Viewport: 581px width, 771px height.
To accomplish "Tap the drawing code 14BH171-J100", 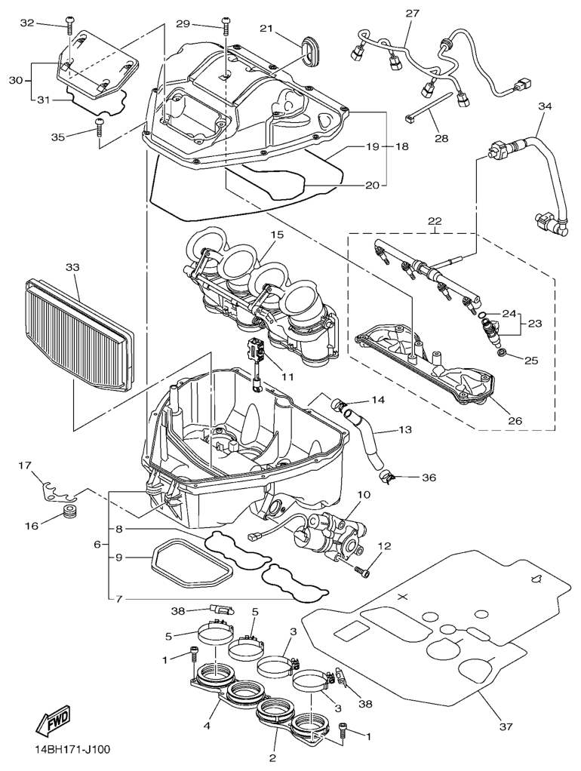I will coord(72,751).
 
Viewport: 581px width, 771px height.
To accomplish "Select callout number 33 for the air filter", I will coord(72,268).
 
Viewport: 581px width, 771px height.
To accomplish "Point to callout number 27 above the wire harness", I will coord(412,14).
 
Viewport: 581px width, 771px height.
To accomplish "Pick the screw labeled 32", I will coord(69,27).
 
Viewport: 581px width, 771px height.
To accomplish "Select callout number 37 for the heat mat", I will coord(506,727).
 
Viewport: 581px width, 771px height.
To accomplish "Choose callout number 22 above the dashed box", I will coord(435,222).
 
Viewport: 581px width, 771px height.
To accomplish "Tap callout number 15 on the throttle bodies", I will coord(277,235).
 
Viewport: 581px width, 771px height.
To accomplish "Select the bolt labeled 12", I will coord(364,571).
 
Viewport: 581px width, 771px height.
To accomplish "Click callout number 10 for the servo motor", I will coord(364,495).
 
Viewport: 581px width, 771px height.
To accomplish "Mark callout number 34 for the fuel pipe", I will coord(546,106).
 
